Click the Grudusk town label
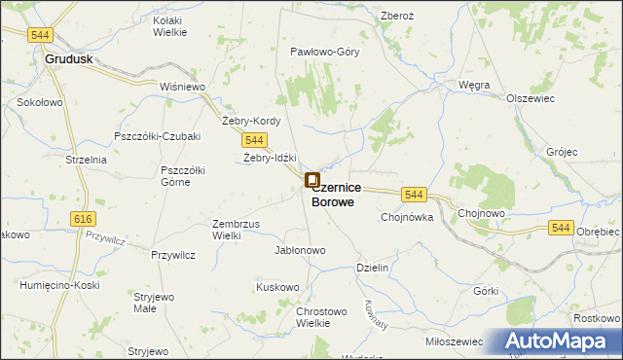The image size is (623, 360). coord(68,58)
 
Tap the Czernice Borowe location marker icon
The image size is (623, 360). coord(312,180)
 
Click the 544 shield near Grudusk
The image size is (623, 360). coord(40,35)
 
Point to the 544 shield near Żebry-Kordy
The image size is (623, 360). coord(256,140)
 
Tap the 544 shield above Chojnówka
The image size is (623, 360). coord(414,195)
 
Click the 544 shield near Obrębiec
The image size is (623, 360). coord(559,227)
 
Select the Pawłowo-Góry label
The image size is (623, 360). coord(324,52)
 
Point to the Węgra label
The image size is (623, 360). coord(474,85)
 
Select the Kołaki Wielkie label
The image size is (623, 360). coord(171,26)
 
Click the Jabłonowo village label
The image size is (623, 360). coord(300,250)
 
